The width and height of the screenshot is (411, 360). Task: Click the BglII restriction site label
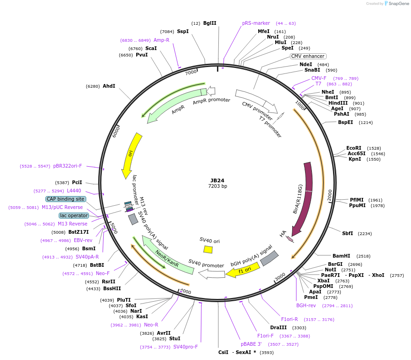coord(210,23)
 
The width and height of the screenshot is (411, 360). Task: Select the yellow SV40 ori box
coord(208,249)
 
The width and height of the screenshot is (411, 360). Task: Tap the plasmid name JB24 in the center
coord(217,180)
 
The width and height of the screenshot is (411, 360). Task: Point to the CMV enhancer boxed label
coord(308,56)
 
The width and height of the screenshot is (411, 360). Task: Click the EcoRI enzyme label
coord(354,148)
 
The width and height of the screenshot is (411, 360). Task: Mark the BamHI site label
coord(341,256)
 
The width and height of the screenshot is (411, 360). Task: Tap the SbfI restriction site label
coord(348,233)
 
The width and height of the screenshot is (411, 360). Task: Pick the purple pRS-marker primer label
coord(256,23)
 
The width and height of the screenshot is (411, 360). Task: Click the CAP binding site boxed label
coord(65,199)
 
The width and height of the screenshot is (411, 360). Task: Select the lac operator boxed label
coord(73,215)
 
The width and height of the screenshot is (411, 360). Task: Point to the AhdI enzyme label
coord(109,86)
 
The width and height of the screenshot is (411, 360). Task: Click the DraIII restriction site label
coord(279,327)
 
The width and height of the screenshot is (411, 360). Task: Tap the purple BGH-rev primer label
coord(306,305)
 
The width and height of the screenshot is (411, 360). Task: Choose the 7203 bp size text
coord(217,186)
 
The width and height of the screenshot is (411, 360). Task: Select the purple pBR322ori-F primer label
coord(67,166)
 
